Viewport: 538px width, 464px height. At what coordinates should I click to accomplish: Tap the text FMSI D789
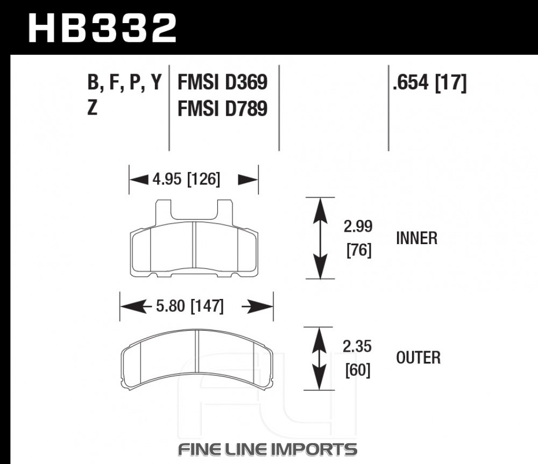tap(222, 109)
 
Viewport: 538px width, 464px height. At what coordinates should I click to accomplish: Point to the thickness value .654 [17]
tap(429, 82)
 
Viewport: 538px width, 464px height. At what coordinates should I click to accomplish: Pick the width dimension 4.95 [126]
tap(186, 179)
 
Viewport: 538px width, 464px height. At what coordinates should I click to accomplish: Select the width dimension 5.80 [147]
tap(190, 306)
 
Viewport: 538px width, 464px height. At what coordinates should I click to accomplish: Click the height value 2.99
tap(358, 226)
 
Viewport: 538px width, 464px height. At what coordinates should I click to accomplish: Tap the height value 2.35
tap(357, 346)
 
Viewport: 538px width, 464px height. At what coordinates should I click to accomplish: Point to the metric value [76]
tap(359, 250)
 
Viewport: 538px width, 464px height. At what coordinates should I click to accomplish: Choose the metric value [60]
tap(358, 370)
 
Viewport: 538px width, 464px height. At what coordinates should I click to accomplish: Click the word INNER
tap(417, 238)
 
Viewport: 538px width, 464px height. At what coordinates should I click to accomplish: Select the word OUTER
tap(418, 358)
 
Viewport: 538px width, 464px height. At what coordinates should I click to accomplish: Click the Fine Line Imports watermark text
tap(267, 449)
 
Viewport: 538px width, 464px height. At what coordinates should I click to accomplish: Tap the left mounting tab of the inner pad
tap(163, 212)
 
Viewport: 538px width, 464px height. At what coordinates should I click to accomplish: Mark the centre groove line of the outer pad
tap(197, 351)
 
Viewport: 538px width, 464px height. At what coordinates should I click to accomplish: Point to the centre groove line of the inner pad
tap(194, 245)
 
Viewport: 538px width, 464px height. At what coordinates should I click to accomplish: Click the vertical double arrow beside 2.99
tap(320, 238)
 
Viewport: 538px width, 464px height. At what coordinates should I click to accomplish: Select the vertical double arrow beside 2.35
tap(319, 359)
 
